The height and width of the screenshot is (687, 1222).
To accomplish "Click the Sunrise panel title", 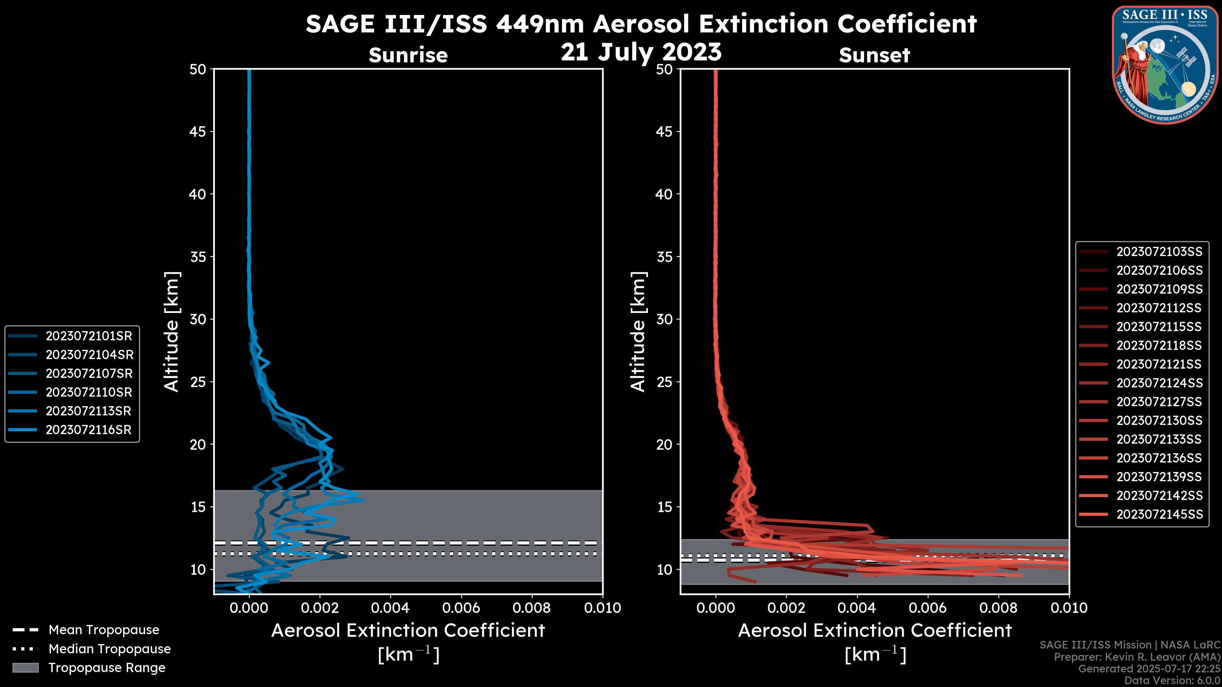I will click(x=408, y=55).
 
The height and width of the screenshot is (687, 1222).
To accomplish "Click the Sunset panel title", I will click(x=874, y=55).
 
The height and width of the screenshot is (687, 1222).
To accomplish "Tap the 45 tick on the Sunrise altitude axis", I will click(x=198, y=132).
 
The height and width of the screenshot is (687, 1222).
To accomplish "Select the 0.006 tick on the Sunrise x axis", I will click(x=461, y=608).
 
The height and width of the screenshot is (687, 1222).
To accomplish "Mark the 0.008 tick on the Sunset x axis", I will click(x=999, y=608).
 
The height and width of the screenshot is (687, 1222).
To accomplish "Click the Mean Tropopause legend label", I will click(x=104, y=630).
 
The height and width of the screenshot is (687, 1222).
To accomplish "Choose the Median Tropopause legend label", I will click(x=109, y=649).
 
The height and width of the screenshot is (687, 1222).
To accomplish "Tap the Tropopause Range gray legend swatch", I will click(x=25, y=668).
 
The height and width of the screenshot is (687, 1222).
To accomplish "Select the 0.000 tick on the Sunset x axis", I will click(x=715, y=608).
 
